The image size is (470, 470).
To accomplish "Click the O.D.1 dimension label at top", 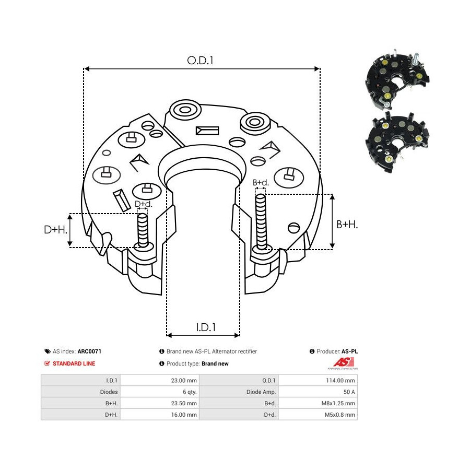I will pos(201,61).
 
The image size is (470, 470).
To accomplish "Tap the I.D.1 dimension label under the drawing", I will pos(206,327).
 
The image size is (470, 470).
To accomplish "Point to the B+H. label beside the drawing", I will pos(347,224).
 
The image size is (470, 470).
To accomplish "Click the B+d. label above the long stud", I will pos(261,183).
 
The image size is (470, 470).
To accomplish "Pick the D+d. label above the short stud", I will pos(143,204).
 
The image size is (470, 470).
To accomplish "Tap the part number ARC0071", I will pos(89,352).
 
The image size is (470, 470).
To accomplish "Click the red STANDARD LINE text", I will pos(74,363).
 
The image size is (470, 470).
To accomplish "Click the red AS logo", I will pos(345,362).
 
